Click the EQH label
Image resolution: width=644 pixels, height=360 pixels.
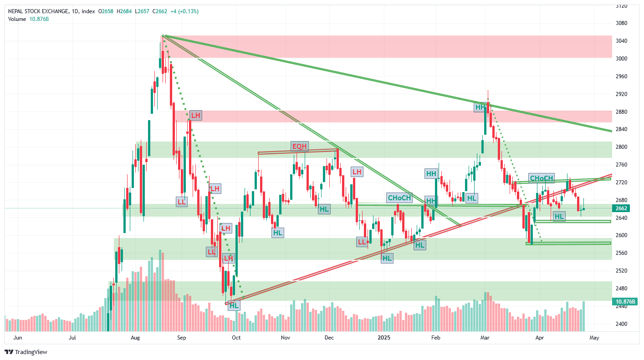pyautogui.click(x=300, y=146)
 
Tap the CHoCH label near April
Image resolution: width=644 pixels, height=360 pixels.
pyautogui.click(x=542, y=178)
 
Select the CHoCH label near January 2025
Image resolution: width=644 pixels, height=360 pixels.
pyautogui.click(x=399, y=198)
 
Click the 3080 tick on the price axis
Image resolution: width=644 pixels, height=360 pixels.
pyautogui.click(x=622, y=23)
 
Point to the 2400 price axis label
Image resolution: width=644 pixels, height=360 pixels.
pyautogui.click(x=622, y=324)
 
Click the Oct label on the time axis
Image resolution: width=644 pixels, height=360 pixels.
pyautogui.click(x=236, y=338)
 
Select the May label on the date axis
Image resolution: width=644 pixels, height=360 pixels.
pyautogui.click(x=594, y=338)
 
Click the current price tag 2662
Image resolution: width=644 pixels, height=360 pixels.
pyautogui.click(x=622, y=208)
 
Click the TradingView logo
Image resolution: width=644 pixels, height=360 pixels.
pyautogui.click(x=26, y=352)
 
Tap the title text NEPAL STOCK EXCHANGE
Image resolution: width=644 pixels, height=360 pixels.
pyautogui.click(x=39, y=11)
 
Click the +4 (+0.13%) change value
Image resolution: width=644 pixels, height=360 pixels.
pyautogui.click(x=184, y=11)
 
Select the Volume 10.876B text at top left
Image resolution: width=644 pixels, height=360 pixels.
pyautogui.click(x=28, y=19)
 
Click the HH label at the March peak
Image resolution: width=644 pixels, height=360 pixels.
pyautogui.click(x=480, y=107)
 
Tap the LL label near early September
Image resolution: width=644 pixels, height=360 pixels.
pyautogui.click(x=182, y=201)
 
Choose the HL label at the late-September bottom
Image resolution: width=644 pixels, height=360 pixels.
pyautogui.click(x=234, y=306)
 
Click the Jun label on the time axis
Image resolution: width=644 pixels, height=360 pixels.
pyautogui.click(x=18, y=338)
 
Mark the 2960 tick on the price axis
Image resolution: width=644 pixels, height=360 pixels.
pyautogui.click(x=622, y=76)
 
